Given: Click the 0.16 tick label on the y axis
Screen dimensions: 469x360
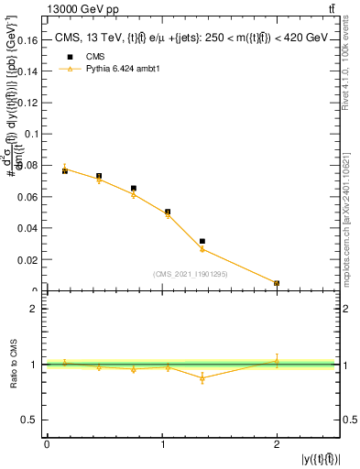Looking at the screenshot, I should point(30,41).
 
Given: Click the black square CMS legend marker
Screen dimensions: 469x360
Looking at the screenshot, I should point(65,56).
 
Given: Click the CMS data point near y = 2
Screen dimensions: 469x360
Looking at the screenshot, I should point(277,283).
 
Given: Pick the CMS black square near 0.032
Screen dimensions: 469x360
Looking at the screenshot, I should point(202,241).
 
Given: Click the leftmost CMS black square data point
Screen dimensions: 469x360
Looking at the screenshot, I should point(65,171).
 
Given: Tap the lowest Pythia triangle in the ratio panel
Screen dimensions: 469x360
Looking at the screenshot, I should point(202,377).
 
